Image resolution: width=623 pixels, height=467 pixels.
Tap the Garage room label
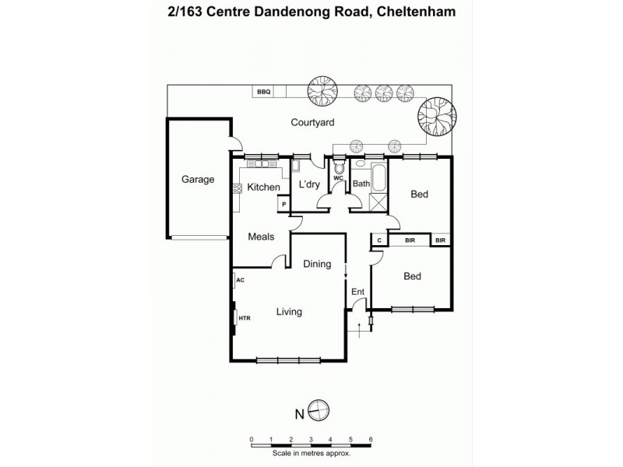click(x=198, y=179)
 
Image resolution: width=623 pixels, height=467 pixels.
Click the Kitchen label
click(x=263, y=188)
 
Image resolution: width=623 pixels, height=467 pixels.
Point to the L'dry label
click(x=311, y=184)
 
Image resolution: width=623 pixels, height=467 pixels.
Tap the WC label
click(x=339, y=178)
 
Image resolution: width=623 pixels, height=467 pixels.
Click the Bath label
click(x=361, y=184)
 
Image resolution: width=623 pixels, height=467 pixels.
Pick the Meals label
click(x=261, y=237)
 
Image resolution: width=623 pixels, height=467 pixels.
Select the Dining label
click(x=317, y=265)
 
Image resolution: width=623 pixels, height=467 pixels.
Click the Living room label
click(x=289, y=312)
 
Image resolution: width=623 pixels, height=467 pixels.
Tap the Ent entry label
click(x=358, y=292)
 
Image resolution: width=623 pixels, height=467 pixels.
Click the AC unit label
click(x=240, y=279)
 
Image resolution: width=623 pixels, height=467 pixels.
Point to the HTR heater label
click(x=244, y=318)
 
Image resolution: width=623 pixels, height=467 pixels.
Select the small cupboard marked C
click(x=378, y=241)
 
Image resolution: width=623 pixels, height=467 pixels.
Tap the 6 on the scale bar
click(x=371, y=439)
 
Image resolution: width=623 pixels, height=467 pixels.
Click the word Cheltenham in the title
click(x=413, y=12)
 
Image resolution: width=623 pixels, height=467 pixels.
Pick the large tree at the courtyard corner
click(x=434, y=116)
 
